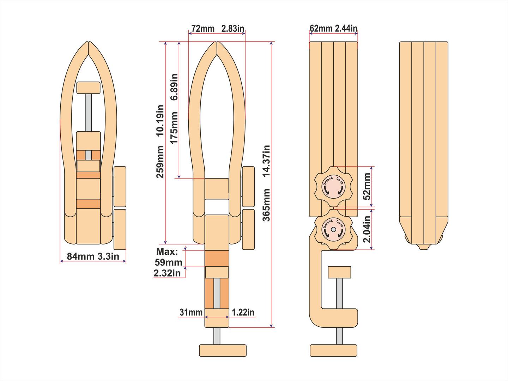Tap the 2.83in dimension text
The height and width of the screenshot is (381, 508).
click(x=233, y=29)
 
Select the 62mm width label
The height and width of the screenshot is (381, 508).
click(x=321, y=29)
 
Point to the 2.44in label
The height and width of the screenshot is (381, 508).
click(x=346, y=29)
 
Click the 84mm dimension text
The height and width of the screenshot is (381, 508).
click(x=80, y=256)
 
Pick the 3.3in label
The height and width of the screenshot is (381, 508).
click(x=108, y=256)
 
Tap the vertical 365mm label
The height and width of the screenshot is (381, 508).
click(x=266, y=205)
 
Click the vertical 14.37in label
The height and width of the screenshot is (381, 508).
click(x=266, y=161)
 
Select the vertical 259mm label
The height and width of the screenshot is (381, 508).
click(x=160, y=162)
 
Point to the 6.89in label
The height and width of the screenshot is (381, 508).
click(x=174, y=87)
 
